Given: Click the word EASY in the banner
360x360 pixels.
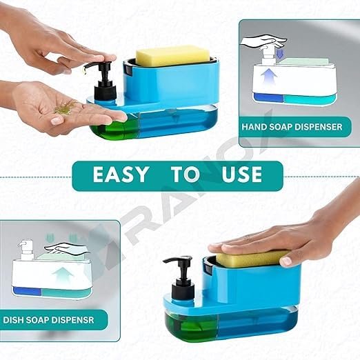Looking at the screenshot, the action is coord(121,174).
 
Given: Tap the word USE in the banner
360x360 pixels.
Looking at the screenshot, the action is coord(241,174).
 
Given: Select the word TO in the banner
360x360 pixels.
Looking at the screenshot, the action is coord(185,174).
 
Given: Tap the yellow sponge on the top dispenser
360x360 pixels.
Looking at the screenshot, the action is coord(172,56).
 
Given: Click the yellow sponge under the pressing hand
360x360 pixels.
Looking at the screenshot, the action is coord(251,259).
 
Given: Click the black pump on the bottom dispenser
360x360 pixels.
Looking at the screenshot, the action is coord(181,278).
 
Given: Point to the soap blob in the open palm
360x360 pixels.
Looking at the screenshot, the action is coord(66,108).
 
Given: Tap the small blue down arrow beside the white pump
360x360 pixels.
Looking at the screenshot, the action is coord(279,54).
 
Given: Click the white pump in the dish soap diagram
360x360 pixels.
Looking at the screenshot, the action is coord(26,250).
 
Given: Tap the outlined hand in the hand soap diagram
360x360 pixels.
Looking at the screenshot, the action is coord(263,41).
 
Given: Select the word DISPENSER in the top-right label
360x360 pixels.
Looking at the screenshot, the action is coord(319,127).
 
